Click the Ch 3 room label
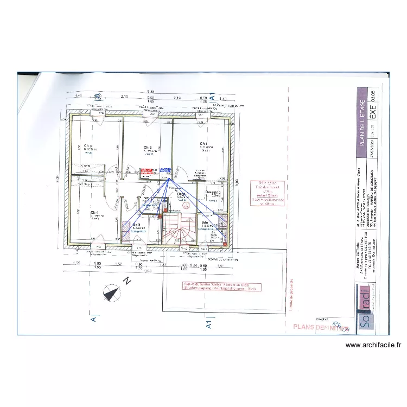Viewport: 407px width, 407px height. [88, 145]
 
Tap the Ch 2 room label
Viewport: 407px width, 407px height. [147, 147]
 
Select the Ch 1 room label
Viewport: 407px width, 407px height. [203, 143]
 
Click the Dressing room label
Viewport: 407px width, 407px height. [213, 192]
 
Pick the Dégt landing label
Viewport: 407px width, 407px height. [181, 194]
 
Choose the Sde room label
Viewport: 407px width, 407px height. [205, 223]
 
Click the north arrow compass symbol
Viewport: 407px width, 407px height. [112, 294]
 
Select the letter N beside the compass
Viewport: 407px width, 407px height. [126, 281]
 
